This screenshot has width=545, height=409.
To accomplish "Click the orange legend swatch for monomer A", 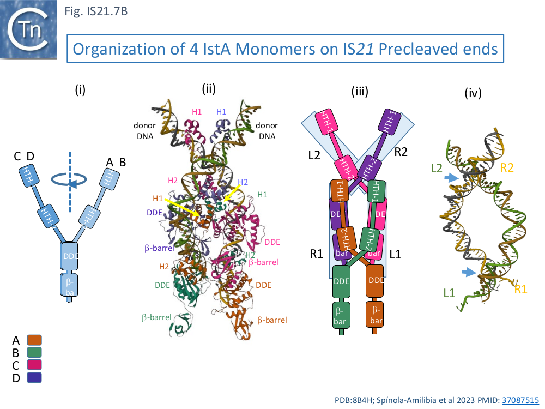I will [x=34, y=340].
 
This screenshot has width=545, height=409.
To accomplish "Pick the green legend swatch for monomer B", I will [x=34, y=353].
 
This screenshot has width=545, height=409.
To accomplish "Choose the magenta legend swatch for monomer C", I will [x=34, y=365].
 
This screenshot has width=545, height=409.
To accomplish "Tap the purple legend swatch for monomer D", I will [x=34, y=377].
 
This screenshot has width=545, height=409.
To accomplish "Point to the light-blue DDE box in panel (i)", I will [x=70, y=256].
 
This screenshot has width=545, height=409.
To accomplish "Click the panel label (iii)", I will [x=359, y=91].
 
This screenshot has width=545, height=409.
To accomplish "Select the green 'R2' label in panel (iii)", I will [x=401, y=152].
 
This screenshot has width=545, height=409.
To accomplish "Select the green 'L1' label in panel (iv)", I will [x=450, y=293].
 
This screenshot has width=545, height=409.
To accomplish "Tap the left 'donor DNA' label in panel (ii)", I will [x=144, y=131].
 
